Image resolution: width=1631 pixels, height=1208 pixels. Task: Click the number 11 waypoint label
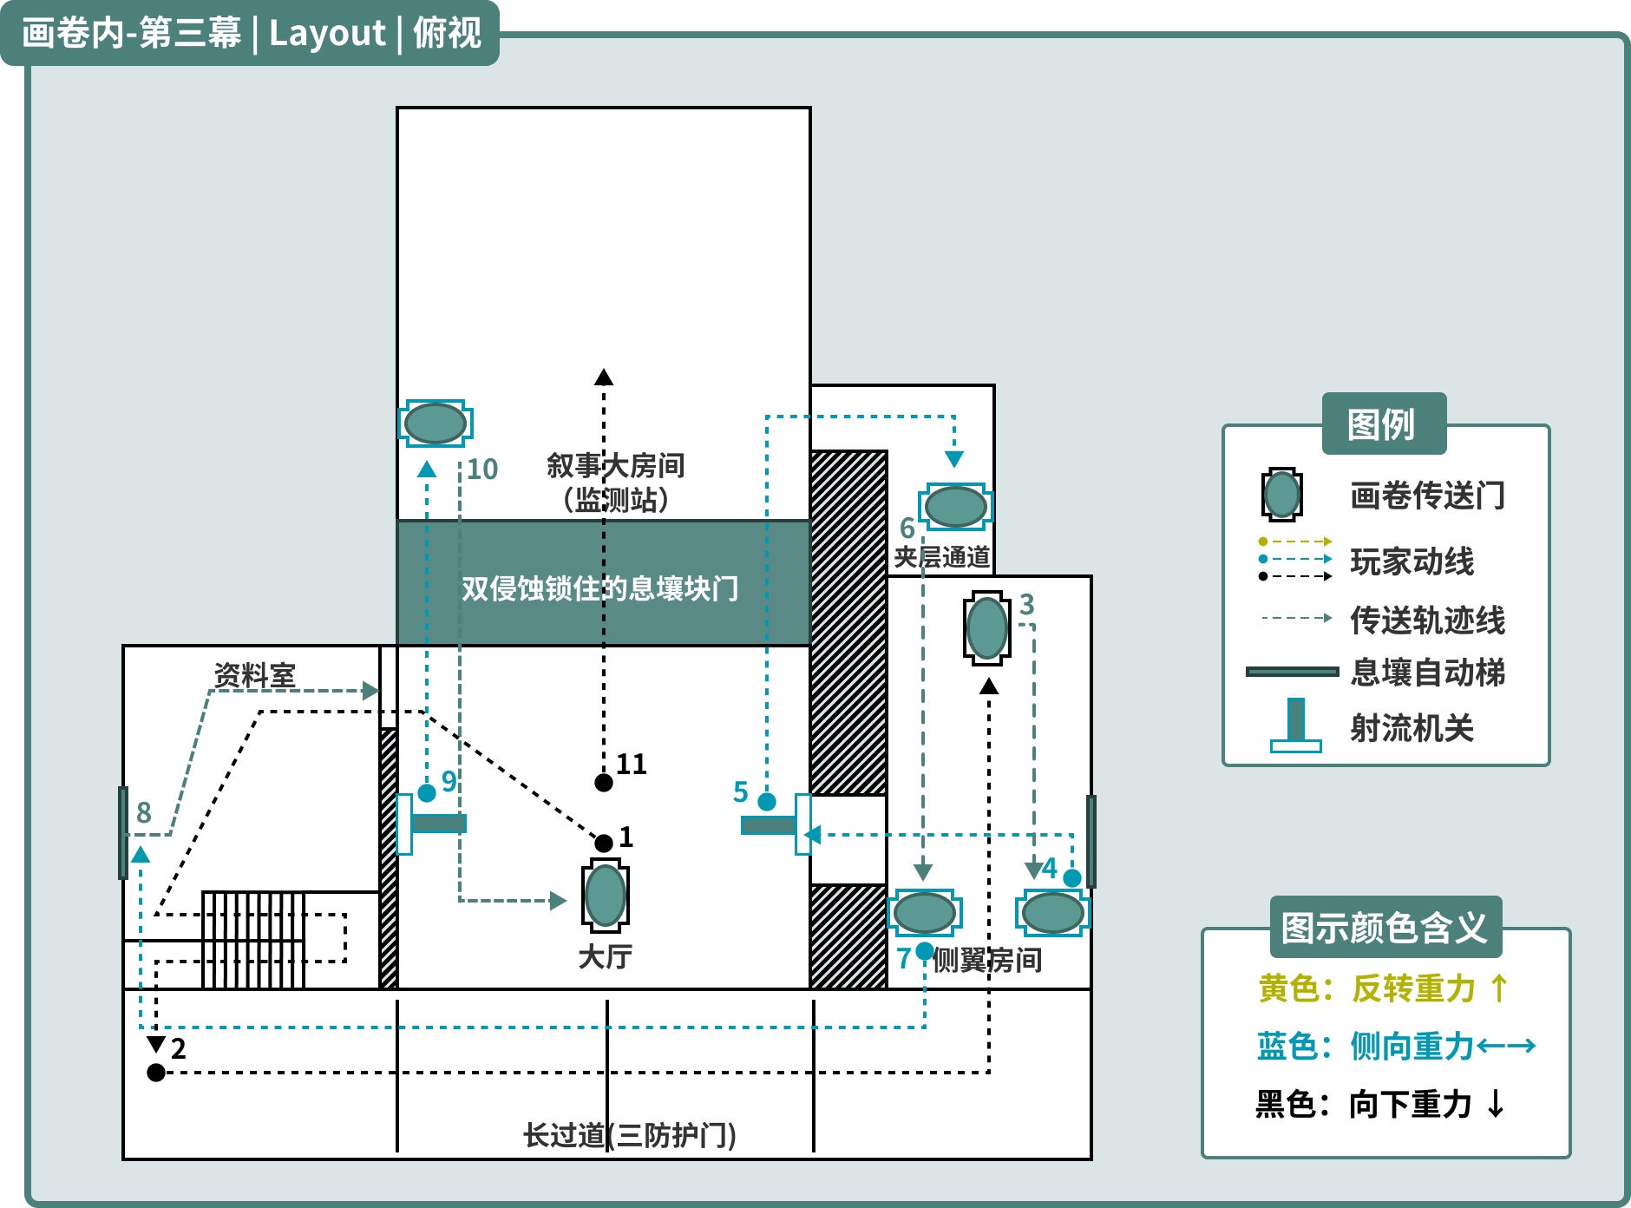pyautogui.click(x=632, y=764)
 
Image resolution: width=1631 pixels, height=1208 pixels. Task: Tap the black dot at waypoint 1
pyautogui.click(x=604, y=843)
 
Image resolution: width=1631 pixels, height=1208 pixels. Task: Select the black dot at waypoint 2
pyautogui.click(x=156, y=1073)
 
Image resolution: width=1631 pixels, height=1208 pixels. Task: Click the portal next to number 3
pyautogui.click(x=987, y=628)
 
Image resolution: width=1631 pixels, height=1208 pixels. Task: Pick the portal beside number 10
pyautogui.click(x=436, y=423)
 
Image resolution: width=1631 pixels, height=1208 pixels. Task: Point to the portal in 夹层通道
pyautogui.click(x=955, y=507)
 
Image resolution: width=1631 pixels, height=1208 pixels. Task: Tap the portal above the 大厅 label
pyautogui.click(x=606, y=896)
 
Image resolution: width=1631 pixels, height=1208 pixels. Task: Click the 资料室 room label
pyautogui.click(x=255, y=675)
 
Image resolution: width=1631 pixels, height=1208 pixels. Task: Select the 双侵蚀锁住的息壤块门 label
pyautogui.click(x=599, y=588)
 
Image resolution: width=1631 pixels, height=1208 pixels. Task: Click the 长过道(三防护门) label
pyautogui.click(x=630, y=1135)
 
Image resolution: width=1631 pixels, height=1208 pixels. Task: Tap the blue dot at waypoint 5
pyautogui.click(x=767, y=801)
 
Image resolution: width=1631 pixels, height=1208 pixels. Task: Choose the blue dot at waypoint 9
pyautogui.click(x=427, y=793)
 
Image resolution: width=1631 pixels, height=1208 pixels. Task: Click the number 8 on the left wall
pyautogui.click(x=144, y=812)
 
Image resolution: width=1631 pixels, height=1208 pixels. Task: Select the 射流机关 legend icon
pyautogui.click(x=1296, y=725)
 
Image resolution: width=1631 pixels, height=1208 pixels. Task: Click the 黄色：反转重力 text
pyautogui.click(x=1383, y=988)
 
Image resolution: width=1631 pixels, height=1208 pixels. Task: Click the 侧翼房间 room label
pyautogui.click(x=987, y=960)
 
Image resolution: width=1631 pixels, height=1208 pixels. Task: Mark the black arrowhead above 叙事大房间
pyautogui.click(x=604, y=377)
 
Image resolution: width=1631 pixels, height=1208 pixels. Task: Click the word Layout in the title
pyautogui.click(x=327, y=33)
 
